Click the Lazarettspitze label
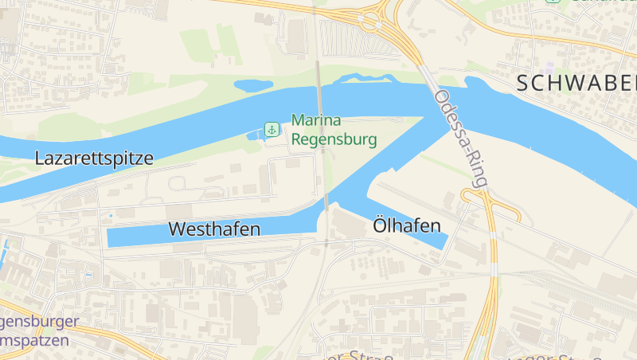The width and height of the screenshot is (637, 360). pos(94,158)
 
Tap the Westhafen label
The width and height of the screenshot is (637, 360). pos(214,229)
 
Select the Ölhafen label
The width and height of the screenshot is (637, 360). pos(407,226)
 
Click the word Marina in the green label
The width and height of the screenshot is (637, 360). pos(316,121)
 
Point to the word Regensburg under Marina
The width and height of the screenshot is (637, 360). pos(334,139)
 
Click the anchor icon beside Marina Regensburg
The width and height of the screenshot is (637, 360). pos(272,129)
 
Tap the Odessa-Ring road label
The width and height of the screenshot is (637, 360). pos(461,138)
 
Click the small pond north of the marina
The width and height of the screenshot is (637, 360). pos(253,84)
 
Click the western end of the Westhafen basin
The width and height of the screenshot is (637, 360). pos(111,237)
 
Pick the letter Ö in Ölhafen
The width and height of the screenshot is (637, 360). pos(381,225)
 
